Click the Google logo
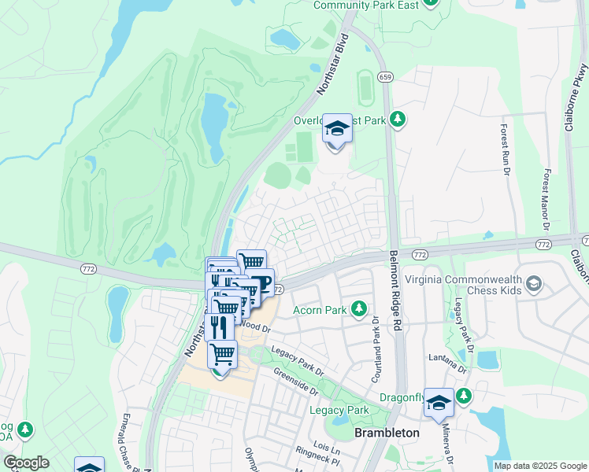point(25,463)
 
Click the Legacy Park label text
point(339,410)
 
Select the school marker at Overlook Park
point(337,129)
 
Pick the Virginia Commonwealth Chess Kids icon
point(535,283)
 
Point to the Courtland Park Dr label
point(376,350)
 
